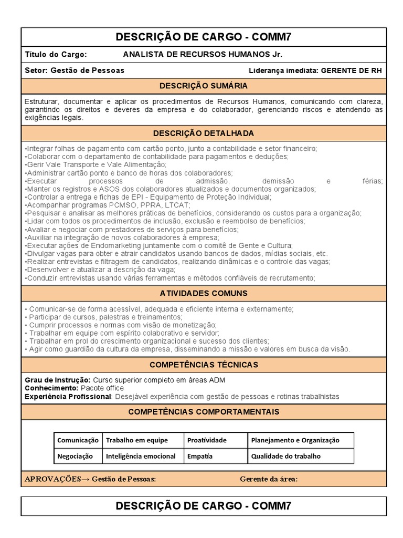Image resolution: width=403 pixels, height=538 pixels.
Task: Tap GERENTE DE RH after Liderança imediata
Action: (351, 70)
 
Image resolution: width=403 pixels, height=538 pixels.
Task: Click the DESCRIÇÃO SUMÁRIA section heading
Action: (204, 86)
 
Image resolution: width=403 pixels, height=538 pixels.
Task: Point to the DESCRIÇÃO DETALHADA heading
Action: (204, 133)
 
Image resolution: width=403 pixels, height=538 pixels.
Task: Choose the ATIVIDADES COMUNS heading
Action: (204, 293)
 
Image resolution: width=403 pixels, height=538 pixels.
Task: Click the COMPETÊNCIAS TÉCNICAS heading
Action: (204, 365)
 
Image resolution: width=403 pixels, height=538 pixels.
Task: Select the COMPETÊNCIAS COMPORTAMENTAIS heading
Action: (204, 412)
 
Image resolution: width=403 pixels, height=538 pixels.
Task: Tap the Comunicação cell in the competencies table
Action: (78, 440)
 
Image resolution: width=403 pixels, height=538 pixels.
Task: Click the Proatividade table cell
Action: (207, 440)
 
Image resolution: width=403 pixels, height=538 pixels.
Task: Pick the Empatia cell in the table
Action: (200, 456)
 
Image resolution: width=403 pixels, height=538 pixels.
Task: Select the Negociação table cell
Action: (75, 456)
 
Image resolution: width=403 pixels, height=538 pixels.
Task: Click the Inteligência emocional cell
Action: (141, 456)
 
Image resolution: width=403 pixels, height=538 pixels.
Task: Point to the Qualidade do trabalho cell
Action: (286, 456)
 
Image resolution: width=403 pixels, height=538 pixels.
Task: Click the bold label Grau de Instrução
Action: (58, 380)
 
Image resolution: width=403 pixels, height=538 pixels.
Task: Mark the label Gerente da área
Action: (269, 479)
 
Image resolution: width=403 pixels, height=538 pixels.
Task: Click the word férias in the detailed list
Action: (372, 181)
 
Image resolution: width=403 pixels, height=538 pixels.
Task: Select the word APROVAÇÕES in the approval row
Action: (52, 479)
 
